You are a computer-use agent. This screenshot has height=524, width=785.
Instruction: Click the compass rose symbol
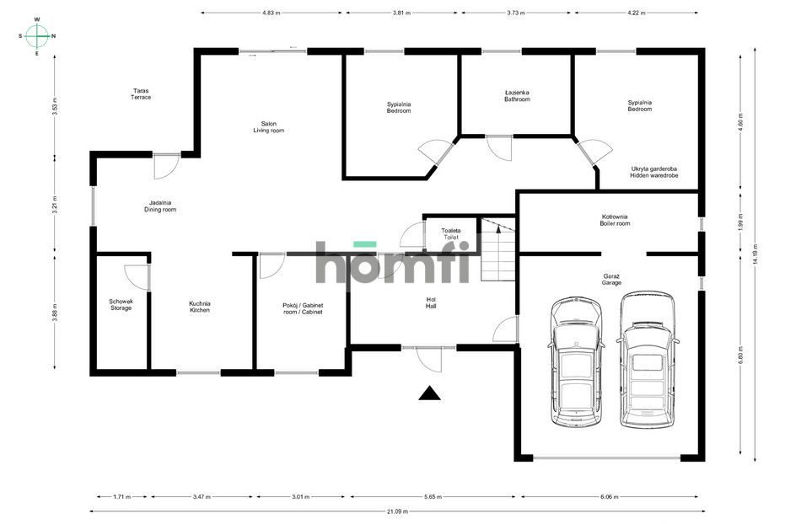[x=37, y=36]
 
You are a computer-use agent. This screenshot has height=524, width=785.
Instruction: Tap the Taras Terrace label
[x=141, y=94]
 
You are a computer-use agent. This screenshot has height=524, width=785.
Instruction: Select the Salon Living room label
[x=268, y=127]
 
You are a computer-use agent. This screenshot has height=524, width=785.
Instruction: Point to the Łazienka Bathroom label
[x=517, y=96]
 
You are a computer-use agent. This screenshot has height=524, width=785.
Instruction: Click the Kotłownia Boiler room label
[x=615, y=220]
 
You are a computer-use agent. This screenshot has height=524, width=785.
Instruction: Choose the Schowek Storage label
[x=121, y=305]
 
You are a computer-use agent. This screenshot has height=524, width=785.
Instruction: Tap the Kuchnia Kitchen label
[x=200, y=307]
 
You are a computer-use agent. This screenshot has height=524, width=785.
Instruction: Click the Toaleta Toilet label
[x=451, y=234]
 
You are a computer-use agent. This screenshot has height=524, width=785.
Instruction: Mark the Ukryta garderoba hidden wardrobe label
[x=653, y=173]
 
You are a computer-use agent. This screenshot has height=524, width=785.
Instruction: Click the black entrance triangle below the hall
[x=429, y=393]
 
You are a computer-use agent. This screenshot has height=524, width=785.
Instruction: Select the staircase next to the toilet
[x=498, y=249]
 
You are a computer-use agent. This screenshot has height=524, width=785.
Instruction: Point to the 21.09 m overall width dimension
[x=397, y=511]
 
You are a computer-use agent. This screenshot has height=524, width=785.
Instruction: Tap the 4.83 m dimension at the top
[x=272, y=13]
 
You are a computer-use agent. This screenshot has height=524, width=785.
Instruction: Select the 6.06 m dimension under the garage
[x=610, y=497]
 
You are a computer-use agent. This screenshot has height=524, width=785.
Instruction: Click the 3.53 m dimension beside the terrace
[x=55, y=106]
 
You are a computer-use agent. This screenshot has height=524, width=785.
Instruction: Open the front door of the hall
[x=429, y=358]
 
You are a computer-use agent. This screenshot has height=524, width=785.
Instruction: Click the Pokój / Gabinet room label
[x=303, y=308]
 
